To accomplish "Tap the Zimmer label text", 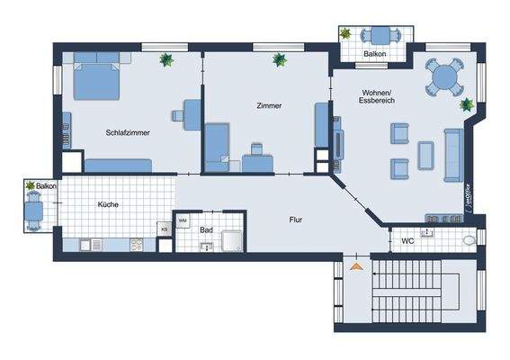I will pos(268,105).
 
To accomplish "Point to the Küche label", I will pos(108,204).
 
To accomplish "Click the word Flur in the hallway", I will pos(294,220).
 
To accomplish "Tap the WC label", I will pos(407,240).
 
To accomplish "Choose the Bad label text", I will pos(206,230).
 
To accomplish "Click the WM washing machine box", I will pos(183,220).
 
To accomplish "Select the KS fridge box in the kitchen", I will pos(165,229).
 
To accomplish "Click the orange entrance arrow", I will pos(357,266).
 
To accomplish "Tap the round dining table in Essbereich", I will pos(444,78).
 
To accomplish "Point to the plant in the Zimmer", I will pos(279,61).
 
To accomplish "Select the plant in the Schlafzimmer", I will pos(166,60).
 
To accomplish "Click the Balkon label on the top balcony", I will pos(376,54).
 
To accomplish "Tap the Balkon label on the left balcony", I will pos(47,186).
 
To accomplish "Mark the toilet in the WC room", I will pos(468,241).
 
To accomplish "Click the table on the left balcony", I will pos(34,212).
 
